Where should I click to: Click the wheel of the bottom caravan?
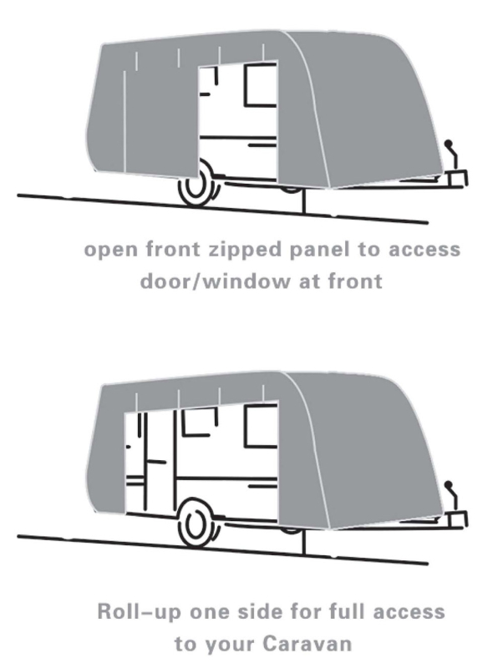coord(198,523)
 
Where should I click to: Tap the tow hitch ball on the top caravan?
coord(448,144)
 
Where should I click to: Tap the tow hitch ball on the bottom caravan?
coord(448,485)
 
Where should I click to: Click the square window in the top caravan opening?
coord(261,84)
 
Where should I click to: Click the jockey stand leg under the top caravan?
coord(304,200)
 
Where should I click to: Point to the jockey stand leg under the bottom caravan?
coord(304,541)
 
